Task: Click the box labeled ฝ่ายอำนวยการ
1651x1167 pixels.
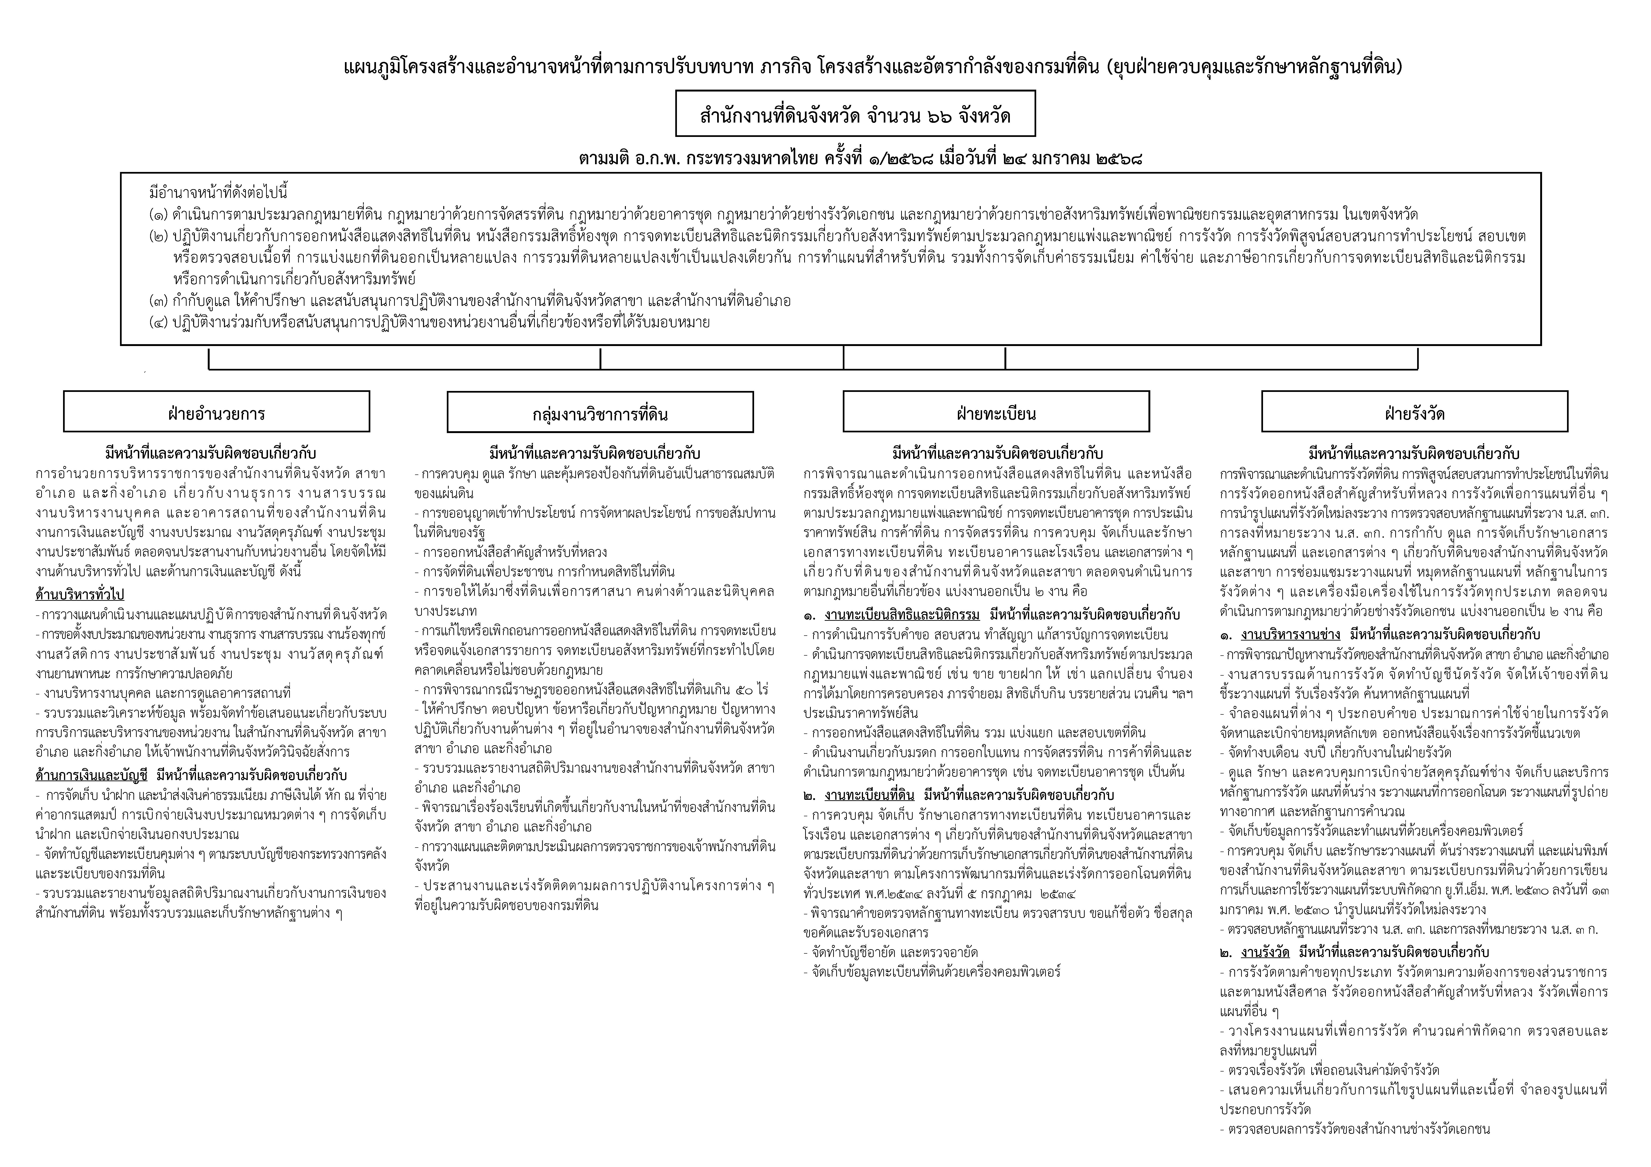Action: click(x=216, y=412)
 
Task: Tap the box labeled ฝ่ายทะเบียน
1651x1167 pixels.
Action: click(x=996, y=412)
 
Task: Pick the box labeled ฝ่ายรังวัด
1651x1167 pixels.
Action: click(x=1415, y=412)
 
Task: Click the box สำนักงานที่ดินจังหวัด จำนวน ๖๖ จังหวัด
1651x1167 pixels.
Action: click(x=855, y=114)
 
